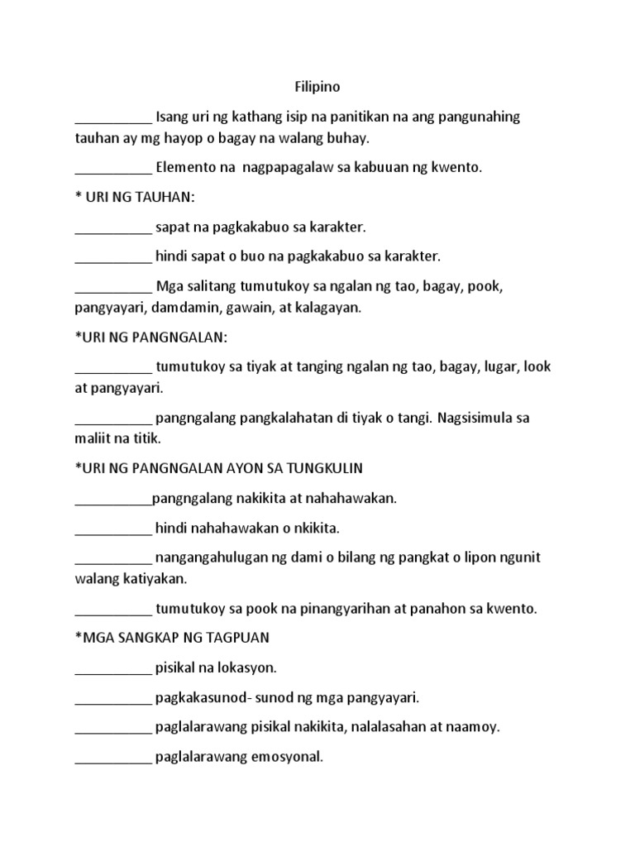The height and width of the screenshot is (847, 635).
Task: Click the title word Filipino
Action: (317, 86)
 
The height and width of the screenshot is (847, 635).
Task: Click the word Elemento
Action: (186, 167)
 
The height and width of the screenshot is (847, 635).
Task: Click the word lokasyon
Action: (246, 667)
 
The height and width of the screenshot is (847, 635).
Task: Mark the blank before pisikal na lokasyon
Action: (113, 668)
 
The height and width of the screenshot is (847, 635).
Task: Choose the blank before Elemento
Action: (113, 169)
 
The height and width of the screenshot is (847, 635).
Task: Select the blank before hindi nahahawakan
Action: (113, 529)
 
